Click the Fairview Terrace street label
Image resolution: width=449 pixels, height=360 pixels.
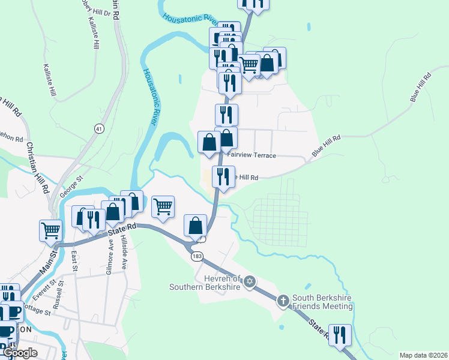pyautogui.click(x=251, y=155)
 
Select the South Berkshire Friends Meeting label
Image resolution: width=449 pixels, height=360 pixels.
pyautogui.click(x=322, y=302)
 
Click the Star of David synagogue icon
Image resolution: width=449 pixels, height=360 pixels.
pyautogui.click(x=249, y=281)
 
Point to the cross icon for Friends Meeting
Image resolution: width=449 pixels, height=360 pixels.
pyautogui.click(x=283, y=299)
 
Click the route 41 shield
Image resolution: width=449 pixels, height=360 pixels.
pyautogui.click(x=99, y=128)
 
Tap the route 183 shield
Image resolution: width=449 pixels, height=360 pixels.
pyautogui.click(x=197, y=257)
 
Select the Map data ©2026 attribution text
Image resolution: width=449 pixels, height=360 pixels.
pyautogui.click(x=423, y=355)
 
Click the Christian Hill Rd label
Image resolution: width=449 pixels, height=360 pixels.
pyautogui.click(x=37, y=167)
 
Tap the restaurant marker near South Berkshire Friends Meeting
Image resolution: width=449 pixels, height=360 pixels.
pyautogui.click(x=340, y=335)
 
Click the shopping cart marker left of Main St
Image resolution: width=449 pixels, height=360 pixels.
pyautogui.click(x=50, y=230)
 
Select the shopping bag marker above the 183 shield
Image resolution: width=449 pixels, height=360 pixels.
pyautogui.click(x=195, y=226)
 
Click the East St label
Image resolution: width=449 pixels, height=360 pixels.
pyautogui.click(x=74, y=260)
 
